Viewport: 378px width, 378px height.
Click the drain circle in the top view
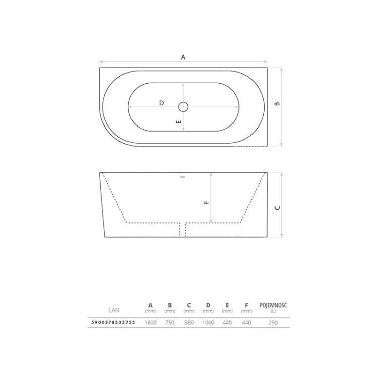(183, 102)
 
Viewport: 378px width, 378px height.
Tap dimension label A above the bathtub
(183, 57)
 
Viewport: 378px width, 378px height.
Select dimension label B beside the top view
(277, 104)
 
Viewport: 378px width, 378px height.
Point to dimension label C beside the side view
(277, 208)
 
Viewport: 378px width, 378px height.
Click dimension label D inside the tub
(161, 103)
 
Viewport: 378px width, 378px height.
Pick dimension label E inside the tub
(179, 122)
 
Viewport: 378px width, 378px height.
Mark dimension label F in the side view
(206, 202)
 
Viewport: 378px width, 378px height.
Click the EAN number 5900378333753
(113, 322)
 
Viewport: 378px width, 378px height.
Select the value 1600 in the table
(150, 323)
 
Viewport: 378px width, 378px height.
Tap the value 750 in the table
(170, 323)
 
